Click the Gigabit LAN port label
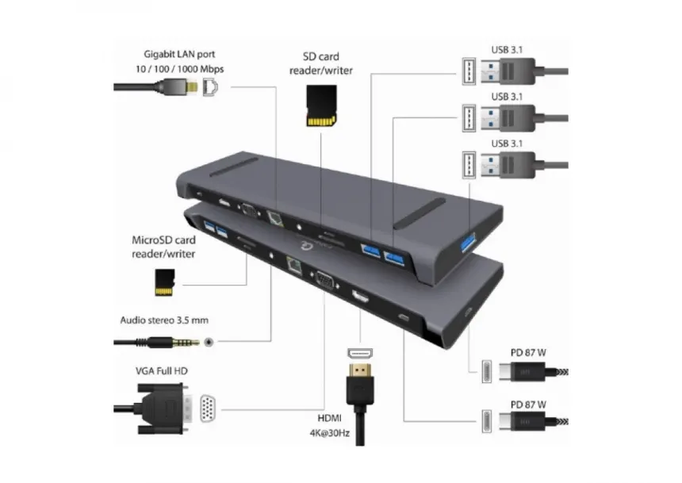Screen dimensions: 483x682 [179, 62]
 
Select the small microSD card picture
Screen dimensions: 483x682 [164, 282]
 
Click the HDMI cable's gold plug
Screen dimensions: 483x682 [360, 381]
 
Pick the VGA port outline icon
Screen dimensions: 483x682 [208, 409]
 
